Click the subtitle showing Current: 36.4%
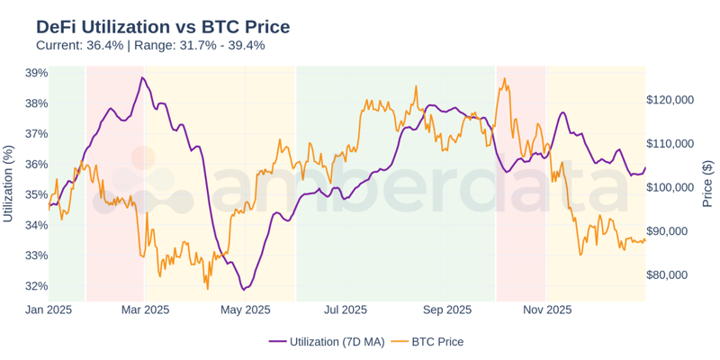click(x=150, y=46)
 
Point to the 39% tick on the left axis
click(x=36, y=73)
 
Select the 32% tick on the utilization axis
click(x=36, y=286)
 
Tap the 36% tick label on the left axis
click(x=36, y=164)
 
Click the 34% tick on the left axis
click(x=36, y=225)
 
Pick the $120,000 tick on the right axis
click(x=670, y=100)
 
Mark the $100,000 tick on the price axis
click(x=670, y=187)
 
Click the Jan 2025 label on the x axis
click(x=49, y=310)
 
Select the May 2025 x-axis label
click(x=245, y=310)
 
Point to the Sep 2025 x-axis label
click(x=446, y=310)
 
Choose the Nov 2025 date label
click(x=547, y=310)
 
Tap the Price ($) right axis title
click(x=708, y=184)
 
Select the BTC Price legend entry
click(x=438, y=341)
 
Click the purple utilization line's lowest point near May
click(x=243, y=290)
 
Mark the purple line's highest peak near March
click(x=141, y=77)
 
